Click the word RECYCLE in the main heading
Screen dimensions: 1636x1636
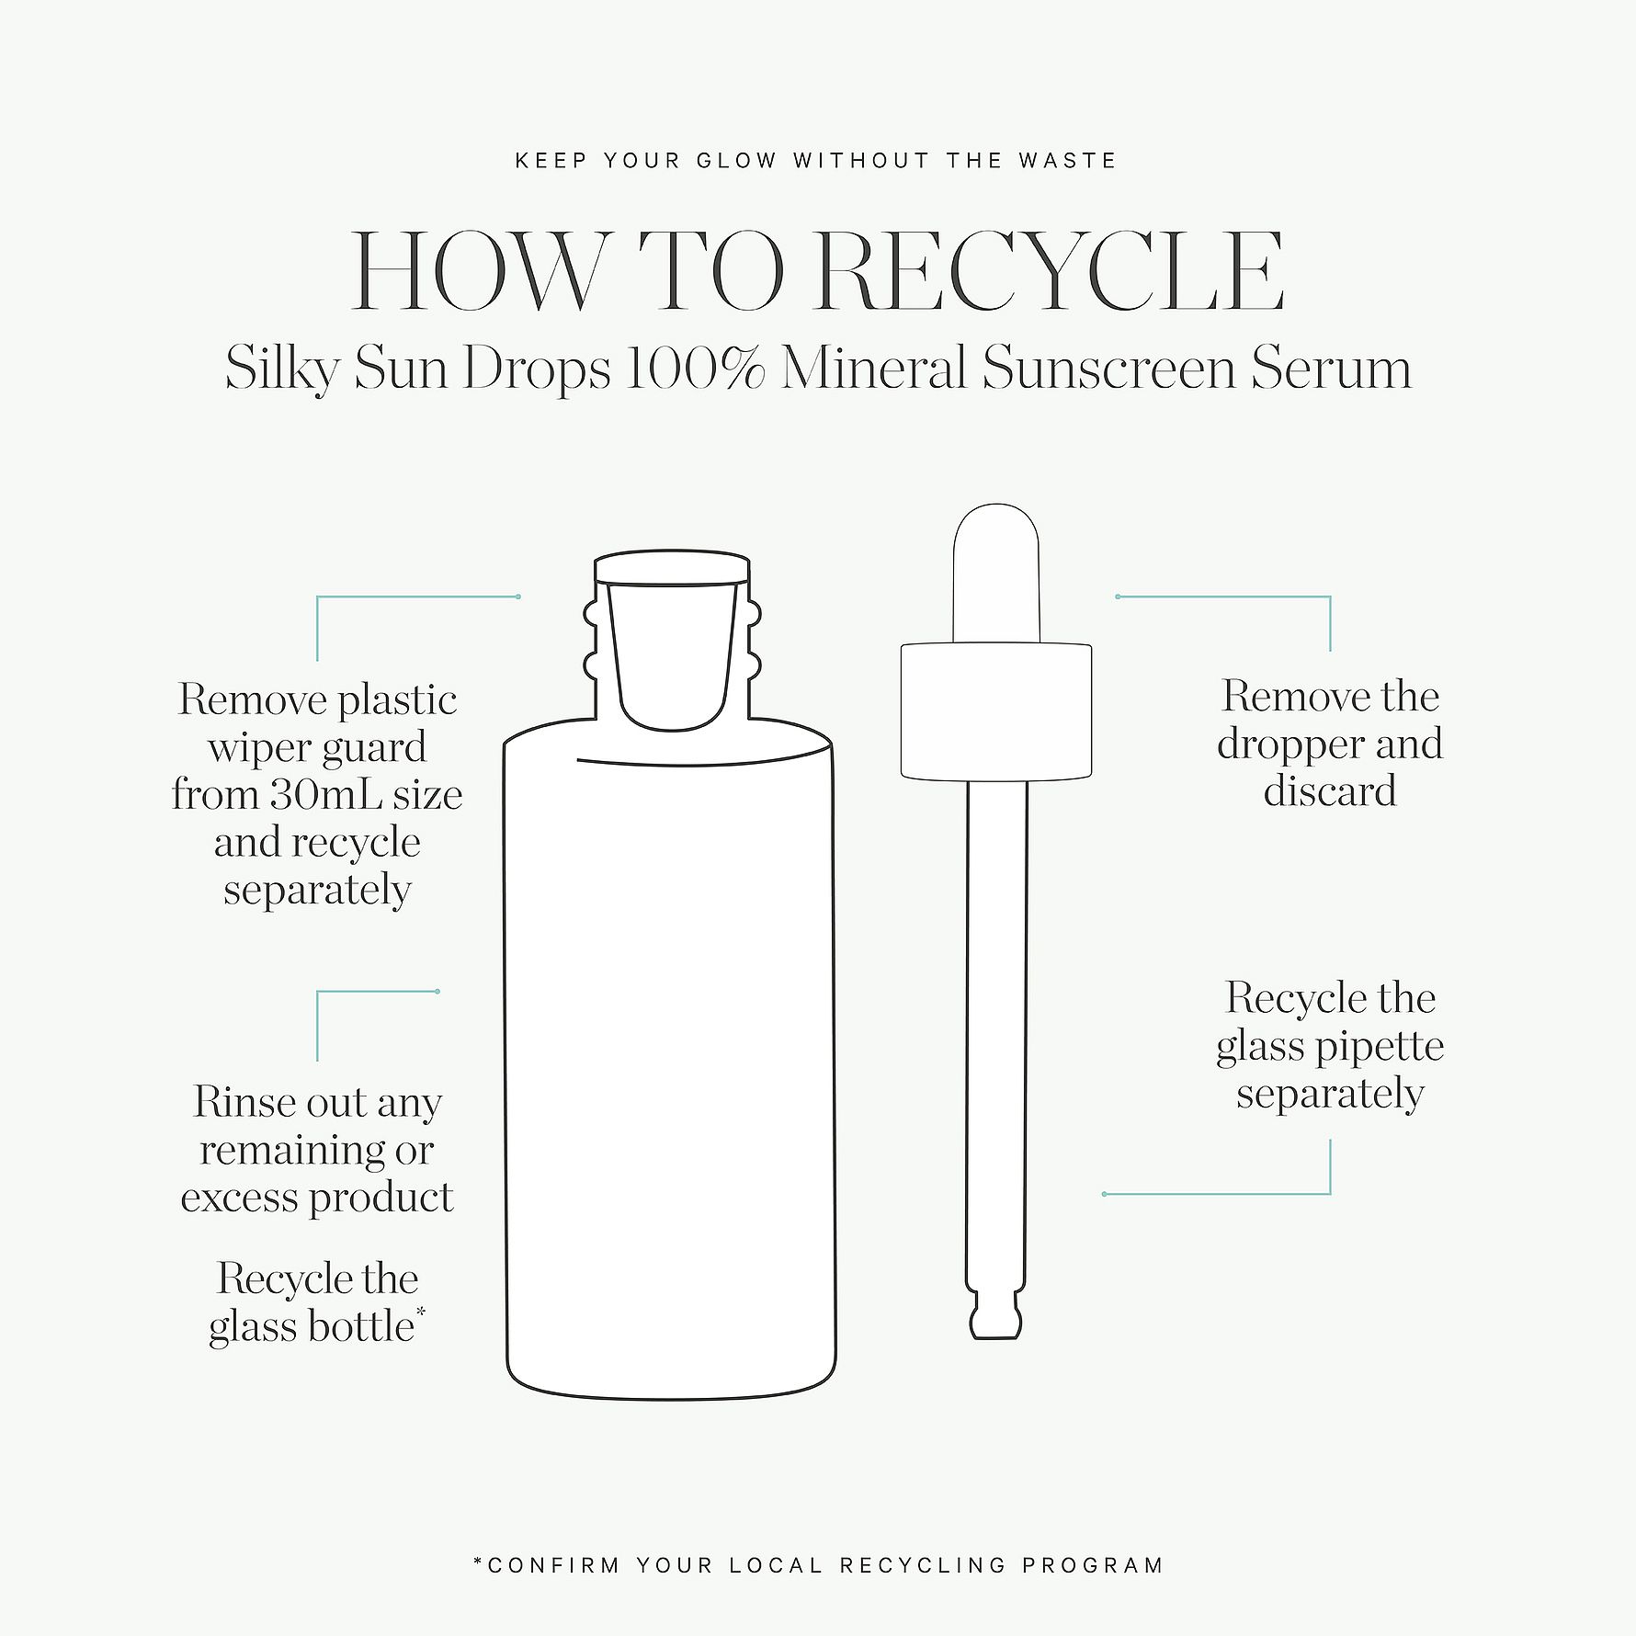pyautogui.click(x=1049, y=271)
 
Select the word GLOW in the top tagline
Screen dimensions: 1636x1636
pyautogui.click(x=736, y=161)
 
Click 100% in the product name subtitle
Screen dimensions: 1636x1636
pyautogui.click(x=694, y=369)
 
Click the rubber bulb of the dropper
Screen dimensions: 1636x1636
pyautogui.click(x=996, y=573)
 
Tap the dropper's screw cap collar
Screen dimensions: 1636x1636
pyautogui.click(x=996, y=711)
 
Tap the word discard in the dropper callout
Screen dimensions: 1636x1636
pyautogui.click(x=1330, y=791)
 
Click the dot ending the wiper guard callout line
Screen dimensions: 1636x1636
pyautogui.click(x=518, y=596)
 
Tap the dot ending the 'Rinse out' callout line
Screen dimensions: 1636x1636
pyautogui.click(x=437, y=992)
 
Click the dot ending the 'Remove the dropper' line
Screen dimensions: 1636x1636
pyautogui.click(x=1118, y=596)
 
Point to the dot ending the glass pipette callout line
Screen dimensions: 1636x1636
pyautogui.click(x=1104, y=1194)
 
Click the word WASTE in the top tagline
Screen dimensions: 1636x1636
pyautogui.click(x=1067, y=161)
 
